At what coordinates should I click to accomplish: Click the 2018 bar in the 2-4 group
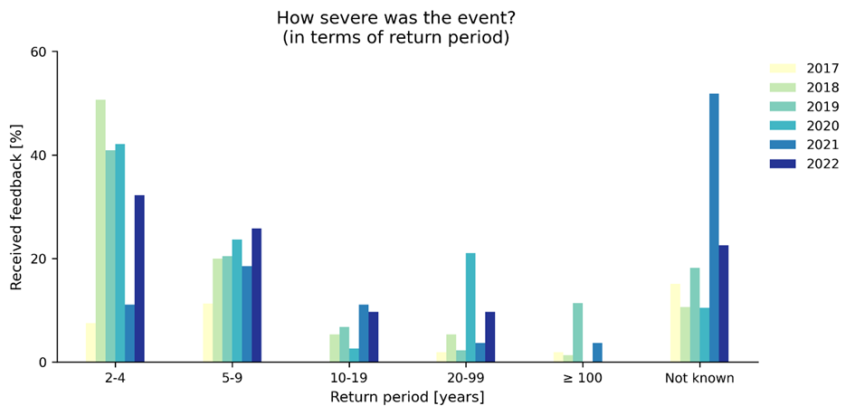click(x=100, y=231)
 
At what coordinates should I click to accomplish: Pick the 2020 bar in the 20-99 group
click(x=470, y=307)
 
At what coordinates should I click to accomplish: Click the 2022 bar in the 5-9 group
click(x=256, y=296)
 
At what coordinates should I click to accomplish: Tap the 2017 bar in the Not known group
click(x=675, y=323)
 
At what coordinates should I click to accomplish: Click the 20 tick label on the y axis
click(x=39, y=259)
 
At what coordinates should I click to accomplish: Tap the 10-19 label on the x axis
click(x=348, y=377)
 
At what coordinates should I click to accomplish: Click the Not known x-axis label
click(x=698, y=377)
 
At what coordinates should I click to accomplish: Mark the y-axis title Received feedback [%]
click(x=16, y=207)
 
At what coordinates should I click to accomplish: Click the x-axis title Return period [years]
click(x=406, y=397)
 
